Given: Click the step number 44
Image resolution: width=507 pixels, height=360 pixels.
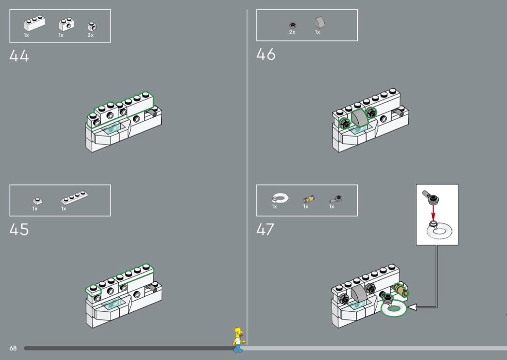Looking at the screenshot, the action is click(x=19, y=55).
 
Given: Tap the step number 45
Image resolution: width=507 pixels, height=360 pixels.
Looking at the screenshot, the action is click(x=19, y=229).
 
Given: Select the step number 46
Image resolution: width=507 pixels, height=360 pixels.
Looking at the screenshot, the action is click(x=266, y=55).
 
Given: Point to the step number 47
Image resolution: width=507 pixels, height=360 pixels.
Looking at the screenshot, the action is click(x=265, y=229).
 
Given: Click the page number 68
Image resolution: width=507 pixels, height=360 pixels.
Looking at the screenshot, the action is click(x=13, y=348).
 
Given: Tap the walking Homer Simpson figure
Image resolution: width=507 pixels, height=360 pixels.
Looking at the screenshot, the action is click(x=239, y=340).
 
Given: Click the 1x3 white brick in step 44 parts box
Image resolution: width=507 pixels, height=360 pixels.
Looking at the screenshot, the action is click(x=34, y=23).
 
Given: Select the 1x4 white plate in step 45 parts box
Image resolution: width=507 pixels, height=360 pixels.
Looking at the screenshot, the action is click(x=74, y=197).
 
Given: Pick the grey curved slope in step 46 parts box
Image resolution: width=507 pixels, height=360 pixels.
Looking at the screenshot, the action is click(x=320, y=23).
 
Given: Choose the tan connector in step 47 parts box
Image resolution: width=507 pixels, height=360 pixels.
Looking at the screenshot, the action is click(x=309, y=198).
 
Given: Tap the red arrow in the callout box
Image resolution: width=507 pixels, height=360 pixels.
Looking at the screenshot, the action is click(x=433, y=212).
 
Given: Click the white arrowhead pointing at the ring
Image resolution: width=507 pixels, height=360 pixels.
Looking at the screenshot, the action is click(x=411, y=307).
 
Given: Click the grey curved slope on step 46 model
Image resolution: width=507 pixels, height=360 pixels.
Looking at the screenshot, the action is click(x=360, y=118).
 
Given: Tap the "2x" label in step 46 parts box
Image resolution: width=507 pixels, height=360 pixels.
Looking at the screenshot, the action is click(x=292, y=32).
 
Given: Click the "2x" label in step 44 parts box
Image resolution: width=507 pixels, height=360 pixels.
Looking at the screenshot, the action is click(x=91, y=35).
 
